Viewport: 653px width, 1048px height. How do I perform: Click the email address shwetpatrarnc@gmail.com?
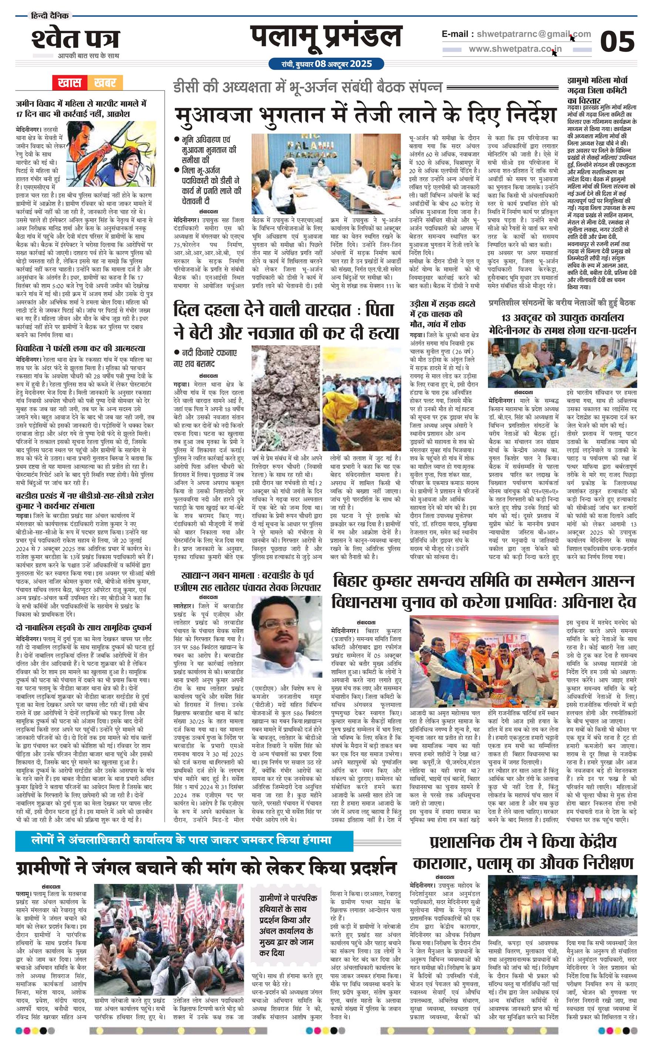[531, 34]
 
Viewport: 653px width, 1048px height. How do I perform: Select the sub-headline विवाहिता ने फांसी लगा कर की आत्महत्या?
[80, 348]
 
